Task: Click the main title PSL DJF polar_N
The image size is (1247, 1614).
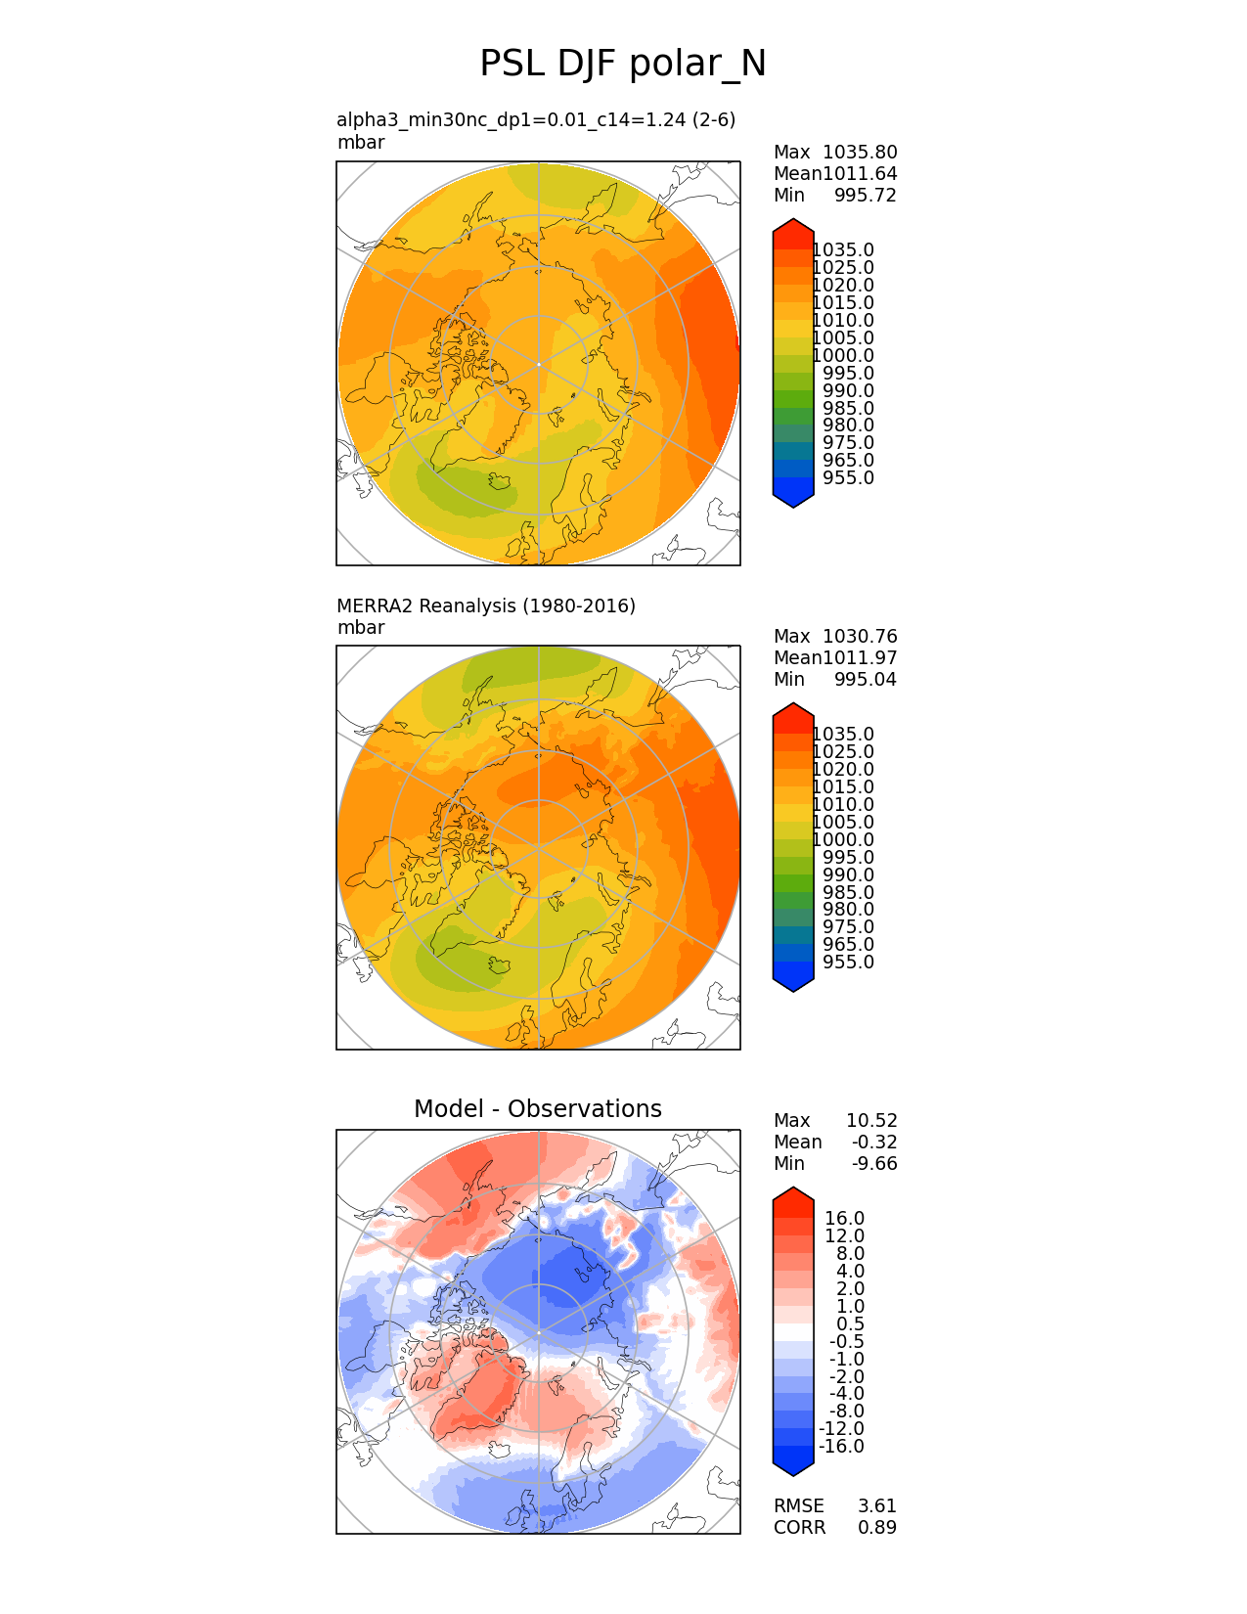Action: point(623,65)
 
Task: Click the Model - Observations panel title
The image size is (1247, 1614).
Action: point(537,1108)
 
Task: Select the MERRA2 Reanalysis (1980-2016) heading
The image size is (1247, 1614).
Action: point(486,605)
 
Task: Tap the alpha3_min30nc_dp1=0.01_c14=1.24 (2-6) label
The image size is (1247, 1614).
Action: point(536,119)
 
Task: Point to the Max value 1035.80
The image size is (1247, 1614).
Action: point(860,153)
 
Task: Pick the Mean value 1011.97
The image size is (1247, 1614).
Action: point(860,658)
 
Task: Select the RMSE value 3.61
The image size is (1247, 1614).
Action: point(877,1506)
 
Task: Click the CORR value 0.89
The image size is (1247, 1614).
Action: point(877,1528)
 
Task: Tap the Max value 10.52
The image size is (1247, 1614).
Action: point(871,1121)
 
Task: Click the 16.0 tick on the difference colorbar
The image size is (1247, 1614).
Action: point(845,1219)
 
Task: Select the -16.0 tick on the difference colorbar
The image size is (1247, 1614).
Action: point(841,1447)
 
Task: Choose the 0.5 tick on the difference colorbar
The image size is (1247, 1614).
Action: point(850,1324)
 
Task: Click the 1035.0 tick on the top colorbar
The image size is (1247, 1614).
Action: point(843,250)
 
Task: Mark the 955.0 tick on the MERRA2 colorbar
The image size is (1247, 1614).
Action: point(848,963)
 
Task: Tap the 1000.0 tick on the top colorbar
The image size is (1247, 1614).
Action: point(843,356)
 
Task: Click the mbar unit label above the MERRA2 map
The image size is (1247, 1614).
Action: point(361,628)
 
